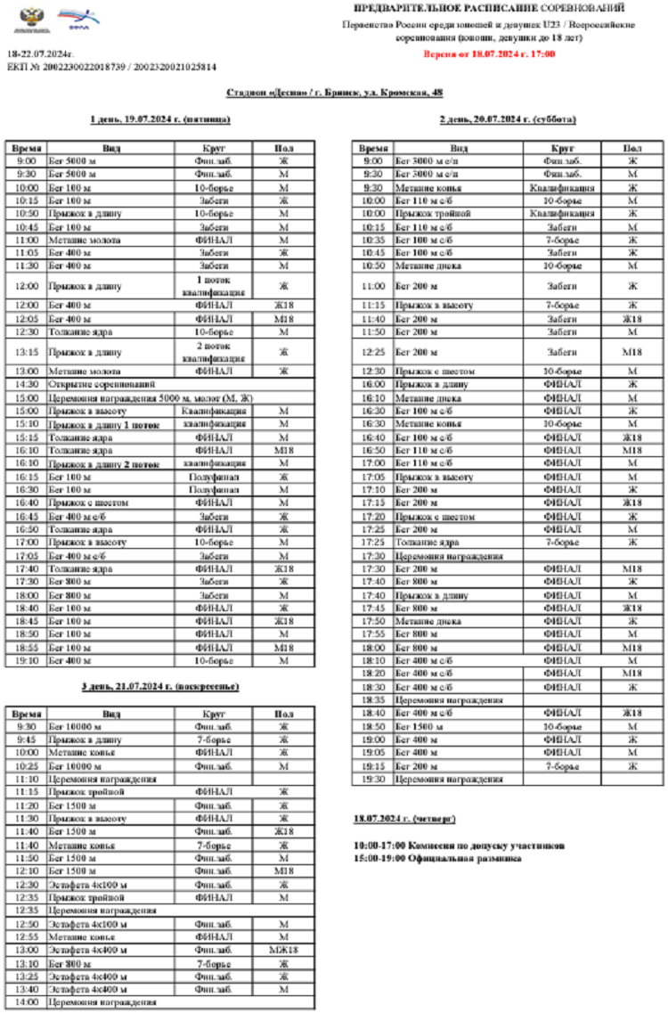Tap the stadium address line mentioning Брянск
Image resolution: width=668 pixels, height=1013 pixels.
334,93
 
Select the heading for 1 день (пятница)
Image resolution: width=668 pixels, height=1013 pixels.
160,118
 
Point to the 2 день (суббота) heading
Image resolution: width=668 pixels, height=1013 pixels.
508,118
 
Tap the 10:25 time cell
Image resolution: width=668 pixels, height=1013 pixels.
26,765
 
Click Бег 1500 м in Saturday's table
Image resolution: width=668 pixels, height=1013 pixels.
424,727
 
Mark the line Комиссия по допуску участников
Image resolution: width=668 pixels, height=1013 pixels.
459,845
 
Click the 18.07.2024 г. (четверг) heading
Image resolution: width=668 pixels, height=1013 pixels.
404,817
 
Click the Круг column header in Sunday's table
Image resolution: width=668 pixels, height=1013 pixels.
214,715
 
